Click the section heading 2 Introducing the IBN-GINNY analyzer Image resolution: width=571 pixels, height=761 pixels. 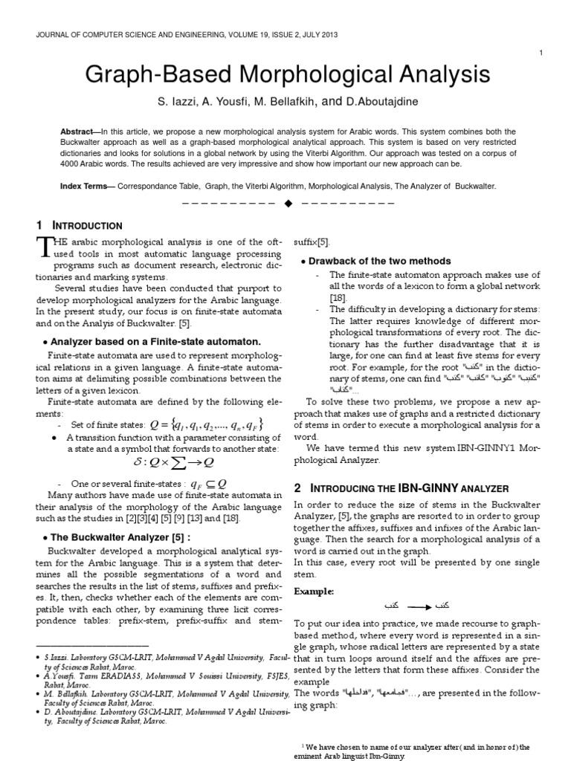pyautogui.click(x=401, y=488)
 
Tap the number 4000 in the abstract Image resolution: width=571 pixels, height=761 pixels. pyautogui.click(x=73, y=163)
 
